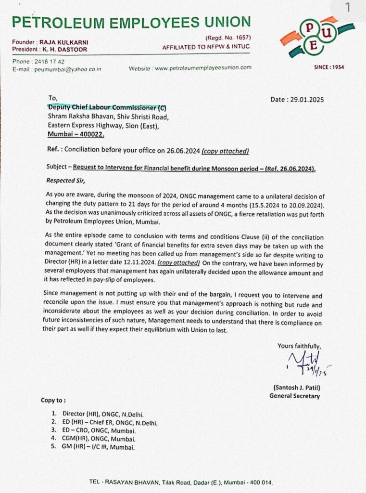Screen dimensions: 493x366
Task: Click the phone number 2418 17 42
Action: click(x=49, y=62)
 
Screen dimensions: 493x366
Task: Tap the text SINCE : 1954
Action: click(x=329, y=67)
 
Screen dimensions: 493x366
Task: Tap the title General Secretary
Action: click(x=294, y=396)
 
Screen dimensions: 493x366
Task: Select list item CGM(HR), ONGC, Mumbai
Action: click(x=99, y=439)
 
